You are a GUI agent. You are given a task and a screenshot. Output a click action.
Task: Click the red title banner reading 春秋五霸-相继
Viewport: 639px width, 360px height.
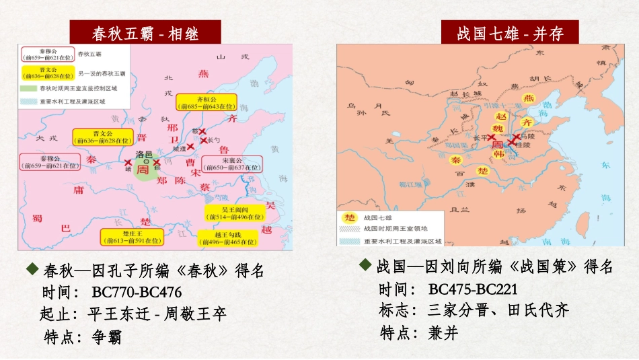(x=145, y=32)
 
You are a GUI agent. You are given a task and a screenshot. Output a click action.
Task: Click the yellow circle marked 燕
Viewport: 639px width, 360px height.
(x=529, y=99)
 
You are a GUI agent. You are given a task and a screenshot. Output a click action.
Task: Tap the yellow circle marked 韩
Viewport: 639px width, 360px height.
(x=499, y=154)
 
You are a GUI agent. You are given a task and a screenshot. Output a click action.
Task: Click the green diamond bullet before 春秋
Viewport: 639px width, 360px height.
(x=32, y=270)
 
